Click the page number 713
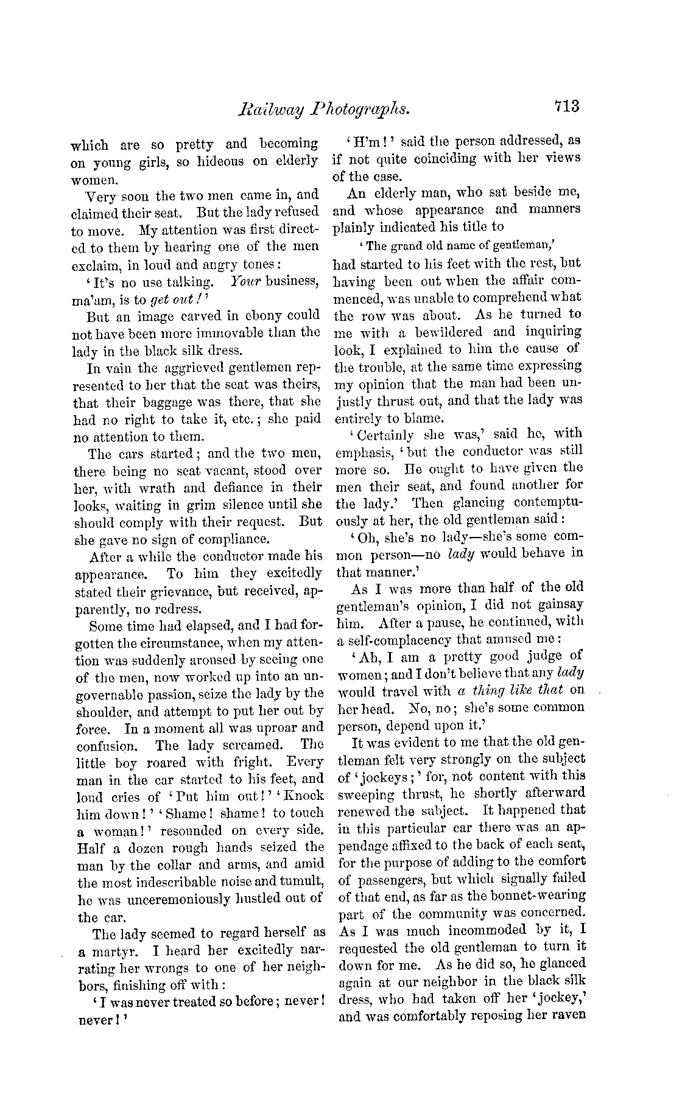(x=567, y=106)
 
